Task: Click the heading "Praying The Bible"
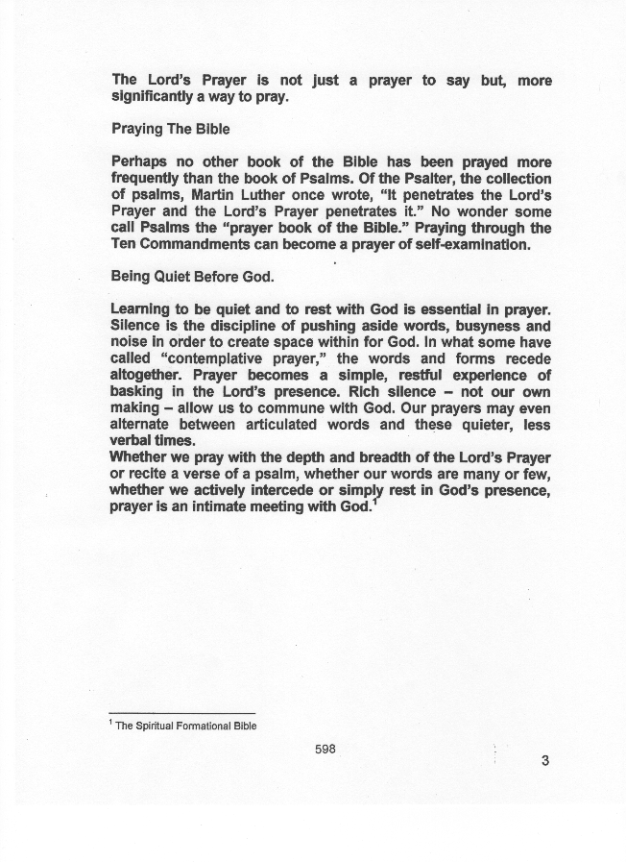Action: (171, 129)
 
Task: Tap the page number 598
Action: (325, 750)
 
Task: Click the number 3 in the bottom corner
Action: (545, 762)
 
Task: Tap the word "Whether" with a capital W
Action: (140, 456)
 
